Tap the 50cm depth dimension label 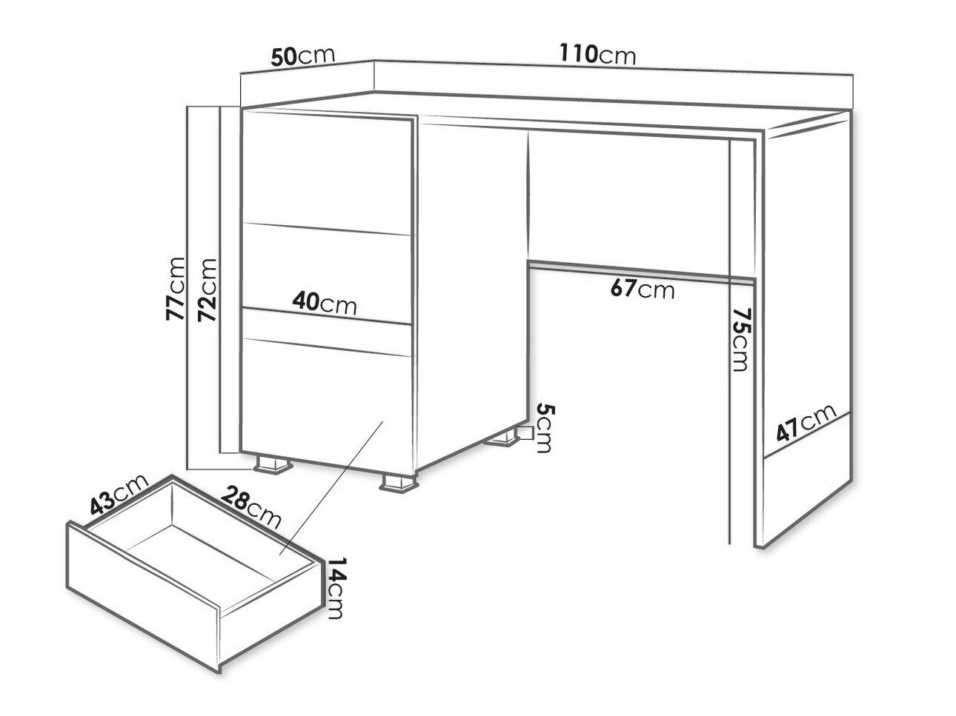pos(302,56)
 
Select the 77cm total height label pos(176,289)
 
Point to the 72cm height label pos(207,290)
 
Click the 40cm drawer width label pos(325,303)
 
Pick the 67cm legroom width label pos(643,289)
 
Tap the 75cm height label pos(740,340)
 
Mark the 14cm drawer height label pos(336,588)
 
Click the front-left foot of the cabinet pos(273,464)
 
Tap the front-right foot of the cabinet pos(399,484)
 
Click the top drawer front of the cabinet pos(327,172)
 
